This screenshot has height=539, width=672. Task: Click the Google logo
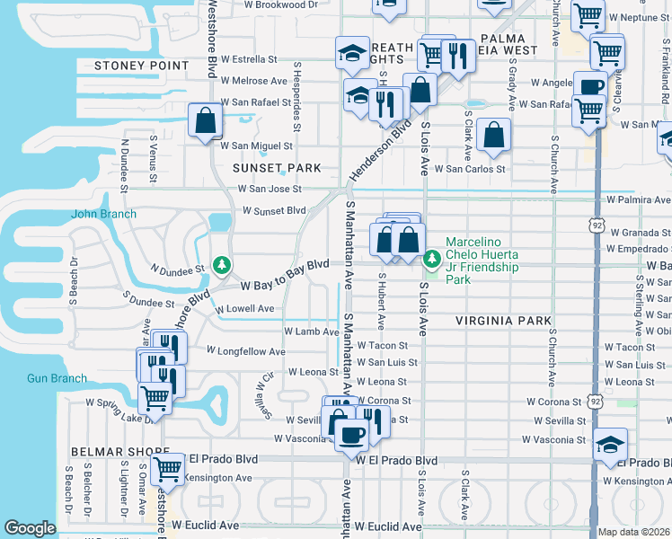tap(30, 528)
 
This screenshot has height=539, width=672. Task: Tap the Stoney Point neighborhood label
tap(147, 66)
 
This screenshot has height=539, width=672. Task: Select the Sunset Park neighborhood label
tap(263, 168)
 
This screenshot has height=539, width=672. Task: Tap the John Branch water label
tap(104, 214)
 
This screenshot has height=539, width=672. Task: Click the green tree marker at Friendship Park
tap(432, 259)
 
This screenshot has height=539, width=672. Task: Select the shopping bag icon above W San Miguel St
tap(205, 121)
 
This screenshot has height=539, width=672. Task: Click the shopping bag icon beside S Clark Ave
tap(493, 136)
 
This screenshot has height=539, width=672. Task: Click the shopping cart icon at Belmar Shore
tap(167, 468)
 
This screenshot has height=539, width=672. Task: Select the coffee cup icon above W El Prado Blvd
tap(351, 435)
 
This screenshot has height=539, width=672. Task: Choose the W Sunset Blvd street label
tap(274, 210)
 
